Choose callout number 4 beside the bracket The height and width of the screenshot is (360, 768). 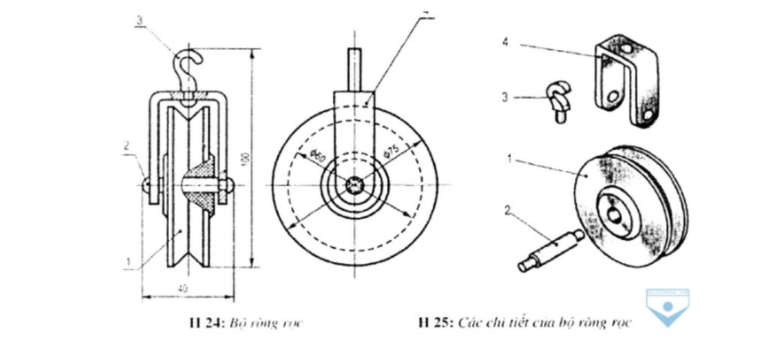(505, 43)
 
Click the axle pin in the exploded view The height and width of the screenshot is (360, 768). (550, 249)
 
